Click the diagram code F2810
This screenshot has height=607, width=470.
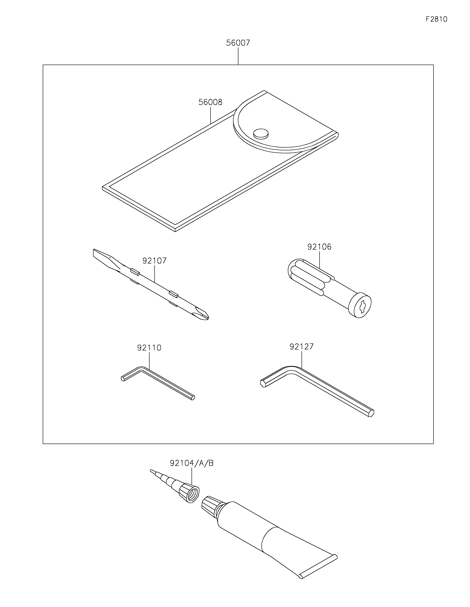pyautogui.click(x=436, y=19)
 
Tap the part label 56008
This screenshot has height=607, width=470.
pyautogui.click(x=210, y=102)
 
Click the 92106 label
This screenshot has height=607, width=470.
pyautogui.click(x=319, y=247)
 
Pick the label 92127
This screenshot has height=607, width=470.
pyautogui.click(x=302, y=347)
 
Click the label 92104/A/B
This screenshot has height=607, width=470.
pyautogui.click(x=192, y=463)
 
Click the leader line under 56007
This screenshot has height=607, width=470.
pyautogui.click(x=238, y=56)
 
